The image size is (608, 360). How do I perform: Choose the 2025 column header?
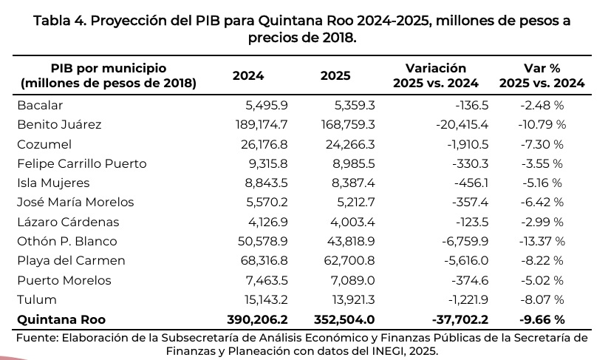click(335, 76)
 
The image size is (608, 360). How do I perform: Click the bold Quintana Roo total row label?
click(61, 319)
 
